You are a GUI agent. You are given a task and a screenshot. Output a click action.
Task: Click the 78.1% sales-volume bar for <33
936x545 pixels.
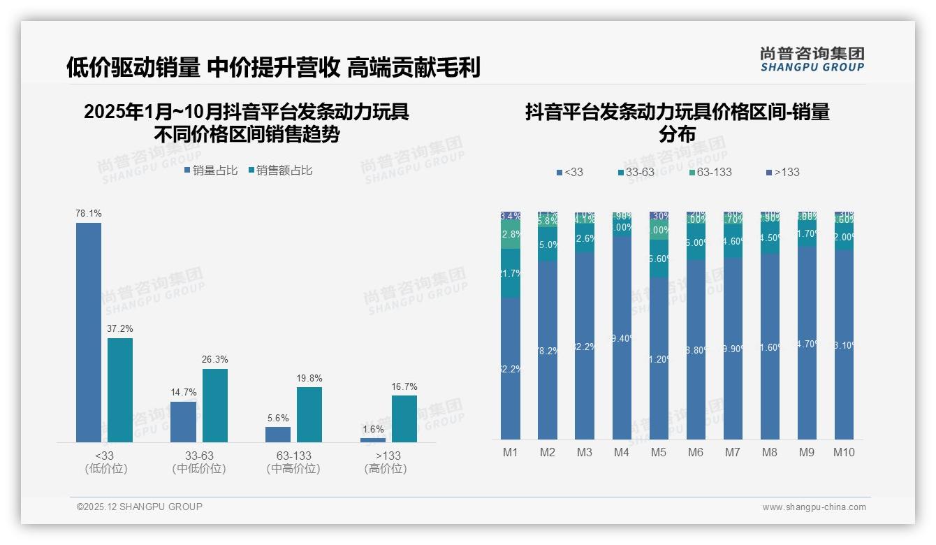(89, 332)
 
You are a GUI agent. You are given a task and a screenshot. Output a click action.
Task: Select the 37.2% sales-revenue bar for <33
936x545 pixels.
(120, 390)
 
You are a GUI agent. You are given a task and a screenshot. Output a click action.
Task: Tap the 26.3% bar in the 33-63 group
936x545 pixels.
(215, 405)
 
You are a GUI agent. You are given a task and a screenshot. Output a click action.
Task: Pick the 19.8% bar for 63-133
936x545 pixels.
(309, 414)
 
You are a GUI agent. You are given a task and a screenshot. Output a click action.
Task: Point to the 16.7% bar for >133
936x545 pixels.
(404, 419)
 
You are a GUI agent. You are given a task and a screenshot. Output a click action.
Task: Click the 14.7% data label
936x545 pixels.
(184, 392)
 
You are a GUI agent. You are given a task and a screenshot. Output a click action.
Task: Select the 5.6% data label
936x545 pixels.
(277, 418)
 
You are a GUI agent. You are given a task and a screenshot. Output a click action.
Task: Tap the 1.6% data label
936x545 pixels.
(372, 429)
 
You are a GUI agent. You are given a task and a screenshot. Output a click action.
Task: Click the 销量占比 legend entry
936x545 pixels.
(210, 170)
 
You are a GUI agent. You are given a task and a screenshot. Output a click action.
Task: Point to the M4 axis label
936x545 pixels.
(622, 452)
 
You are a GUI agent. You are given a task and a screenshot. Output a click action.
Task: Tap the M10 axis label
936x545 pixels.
(844, 452)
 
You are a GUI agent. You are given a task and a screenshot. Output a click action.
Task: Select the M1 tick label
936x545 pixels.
(511, 452)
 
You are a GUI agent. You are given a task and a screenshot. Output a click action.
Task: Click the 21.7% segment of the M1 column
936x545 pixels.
(511, 273)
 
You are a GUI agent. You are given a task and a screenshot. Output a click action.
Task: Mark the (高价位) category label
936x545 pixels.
(385, 469)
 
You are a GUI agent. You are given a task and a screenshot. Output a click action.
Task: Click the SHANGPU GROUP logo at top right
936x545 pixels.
(812, 59)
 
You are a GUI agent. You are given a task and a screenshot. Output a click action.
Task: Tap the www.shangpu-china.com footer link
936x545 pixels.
(814, 507)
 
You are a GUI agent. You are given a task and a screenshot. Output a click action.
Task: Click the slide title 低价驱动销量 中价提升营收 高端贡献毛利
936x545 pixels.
(273, 67)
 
